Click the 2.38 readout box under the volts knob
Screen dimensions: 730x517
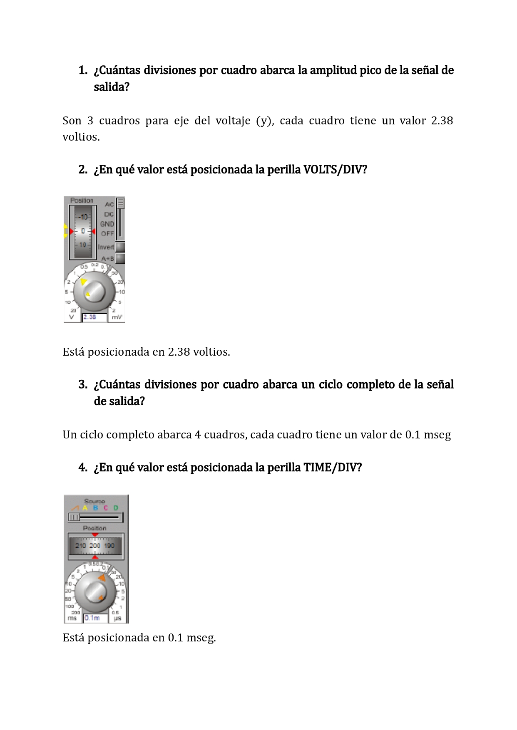pyautogui.click(x=94, y=317)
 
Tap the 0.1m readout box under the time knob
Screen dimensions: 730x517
pyautogui.click(x=95, y=618)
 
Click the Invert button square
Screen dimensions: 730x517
pyautogui.click(x=120, y=247)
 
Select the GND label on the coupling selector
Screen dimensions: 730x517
pyautogui.click(x=107, y=224)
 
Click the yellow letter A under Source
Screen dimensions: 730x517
pyautogui.click(x=85, y=508)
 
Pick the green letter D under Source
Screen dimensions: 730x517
pyautogui.click(x=116, y=508)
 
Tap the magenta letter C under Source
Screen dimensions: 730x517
pyautogui.click(x=106, y=508)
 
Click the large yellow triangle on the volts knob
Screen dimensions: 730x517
pyautogui.click(x=84, y=282)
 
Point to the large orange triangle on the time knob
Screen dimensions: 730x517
pyautogui.click(x=102, y=578)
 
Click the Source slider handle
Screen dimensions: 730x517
pyautogui.click(x=74, y=517)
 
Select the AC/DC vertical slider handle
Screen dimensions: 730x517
pyautogui.click(x=120, y=203)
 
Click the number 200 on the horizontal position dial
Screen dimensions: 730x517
pyautogui.click(x=95, y=546)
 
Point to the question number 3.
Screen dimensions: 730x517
pyautogui.click(x=82, y=384)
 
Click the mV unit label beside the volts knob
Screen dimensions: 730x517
pyautogui.click(x=117, y=317)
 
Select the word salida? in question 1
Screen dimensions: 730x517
pyautogui.click(x=112, y=87)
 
